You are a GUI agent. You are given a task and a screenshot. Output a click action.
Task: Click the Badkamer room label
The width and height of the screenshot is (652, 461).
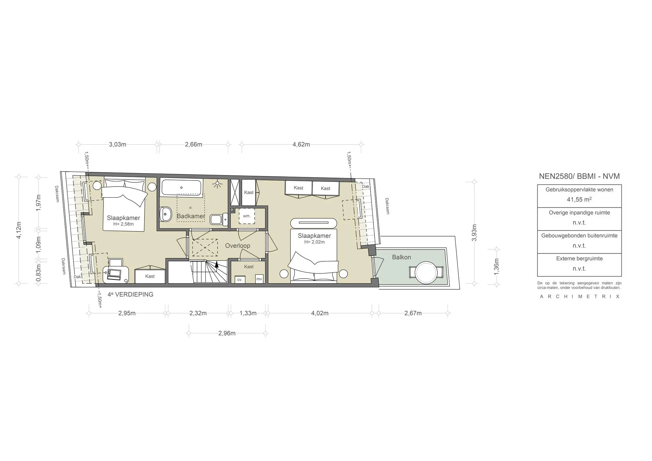[x=190, y=216]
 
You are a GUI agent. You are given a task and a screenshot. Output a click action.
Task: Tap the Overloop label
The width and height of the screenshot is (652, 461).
[x=237, y=246]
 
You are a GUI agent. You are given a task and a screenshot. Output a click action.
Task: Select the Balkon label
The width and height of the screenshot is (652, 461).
[x=401, y=257]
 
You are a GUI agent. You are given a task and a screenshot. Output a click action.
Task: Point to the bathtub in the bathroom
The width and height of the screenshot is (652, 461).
[x=181, y=188]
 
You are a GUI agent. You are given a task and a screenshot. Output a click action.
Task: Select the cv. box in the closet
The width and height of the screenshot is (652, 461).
[x=240, y=280]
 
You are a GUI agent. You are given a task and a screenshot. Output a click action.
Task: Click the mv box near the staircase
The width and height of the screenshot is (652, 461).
[x=259, y=279]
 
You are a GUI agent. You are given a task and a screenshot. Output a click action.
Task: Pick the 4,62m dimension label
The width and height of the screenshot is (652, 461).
[x=301, y=145]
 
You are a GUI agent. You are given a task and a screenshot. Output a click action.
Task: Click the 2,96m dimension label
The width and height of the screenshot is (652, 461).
[x=227, y=333]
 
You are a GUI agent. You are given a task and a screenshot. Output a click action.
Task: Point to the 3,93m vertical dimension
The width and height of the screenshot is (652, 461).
[x=474, y=233]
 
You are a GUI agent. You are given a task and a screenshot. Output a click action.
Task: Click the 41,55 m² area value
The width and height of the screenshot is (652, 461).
[x=579, y=200]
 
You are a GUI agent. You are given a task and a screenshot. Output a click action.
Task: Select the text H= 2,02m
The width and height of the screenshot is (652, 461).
[x=314, y=242]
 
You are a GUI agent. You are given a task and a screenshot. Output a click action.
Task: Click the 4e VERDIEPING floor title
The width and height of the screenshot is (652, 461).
[x=130, y=294]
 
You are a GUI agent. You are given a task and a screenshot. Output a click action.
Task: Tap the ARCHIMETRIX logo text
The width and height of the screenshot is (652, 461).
[x=579, y=296]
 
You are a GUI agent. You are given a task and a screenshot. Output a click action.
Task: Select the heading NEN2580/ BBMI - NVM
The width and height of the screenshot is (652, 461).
[x=579, y=176]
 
